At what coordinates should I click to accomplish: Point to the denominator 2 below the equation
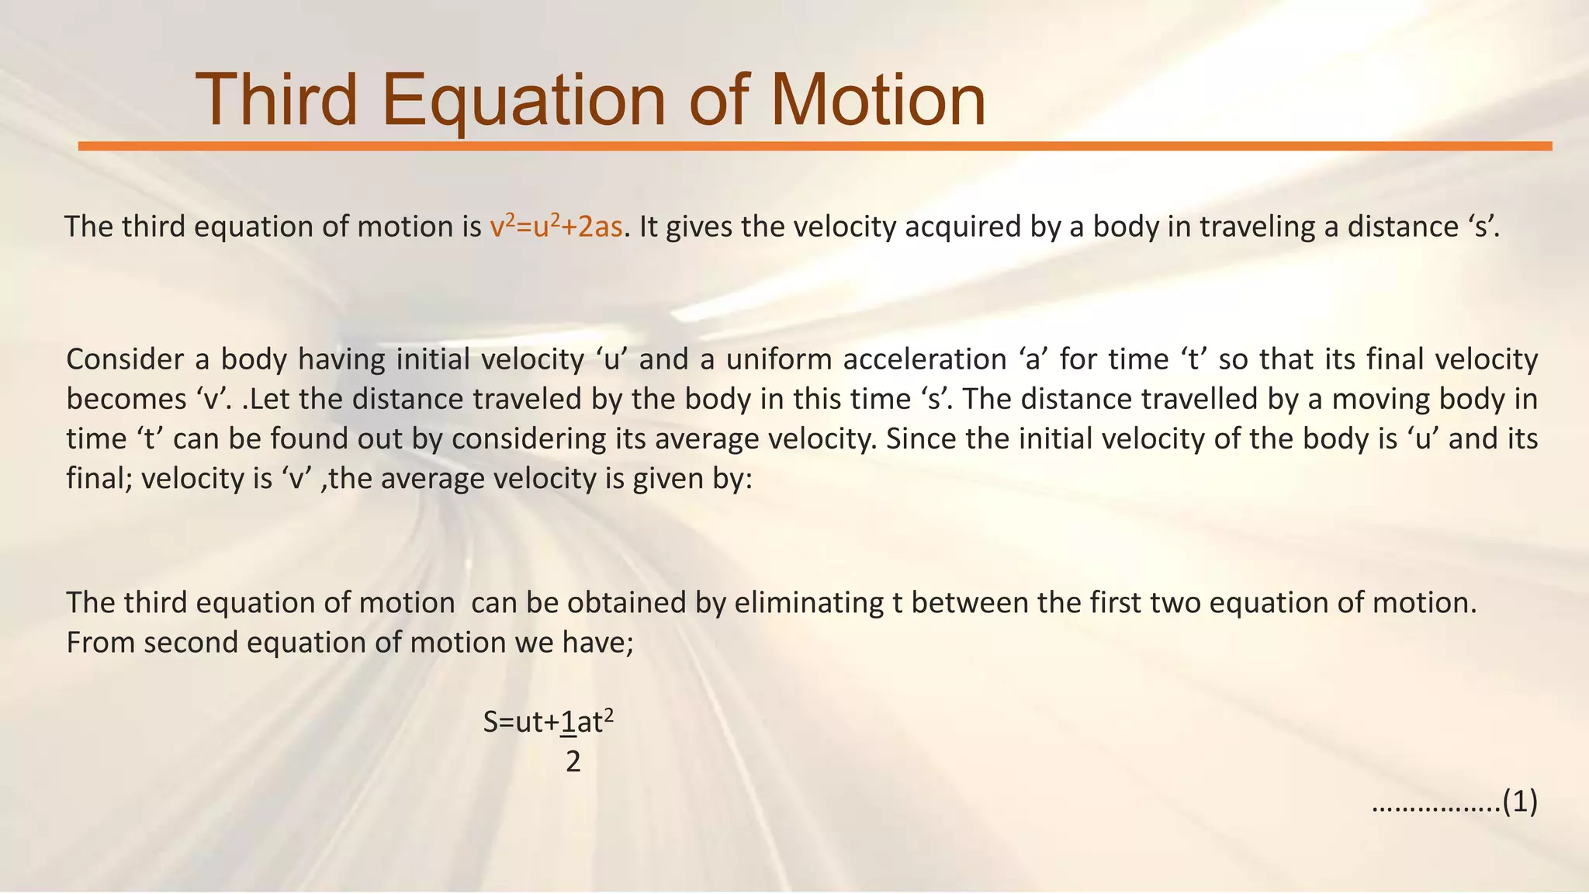tap(573, 762)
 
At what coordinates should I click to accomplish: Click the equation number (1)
tap(1519, 802)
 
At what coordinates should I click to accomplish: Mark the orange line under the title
tap(815, 146)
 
